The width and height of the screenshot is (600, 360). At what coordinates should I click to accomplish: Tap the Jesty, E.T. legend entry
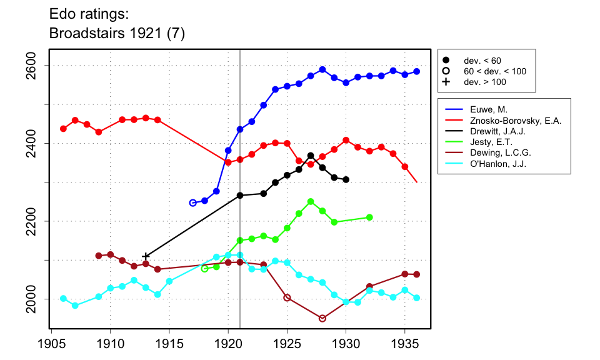tap(485, 143)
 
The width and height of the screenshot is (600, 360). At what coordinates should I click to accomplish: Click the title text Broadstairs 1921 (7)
tap(117, 34)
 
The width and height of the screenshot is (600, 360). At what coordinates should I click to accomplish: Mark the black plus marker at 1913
tap(146, 256)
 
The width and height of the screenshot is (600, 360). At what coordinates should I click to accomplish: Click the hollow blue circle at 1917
tap(192, 202)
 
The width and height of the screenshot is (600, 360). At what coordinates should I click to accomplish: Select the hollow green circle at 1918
tap(204, 269)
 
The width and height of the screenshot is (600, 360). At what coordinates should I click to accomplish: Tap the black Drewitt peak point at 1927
tap(311, 156)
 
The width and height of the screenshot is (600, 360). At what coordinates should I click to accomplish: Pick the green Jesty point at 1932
tap(369, 217)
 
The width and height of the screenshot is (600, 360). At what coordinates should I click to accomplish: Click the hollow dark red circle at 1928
tap(322, 318)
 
